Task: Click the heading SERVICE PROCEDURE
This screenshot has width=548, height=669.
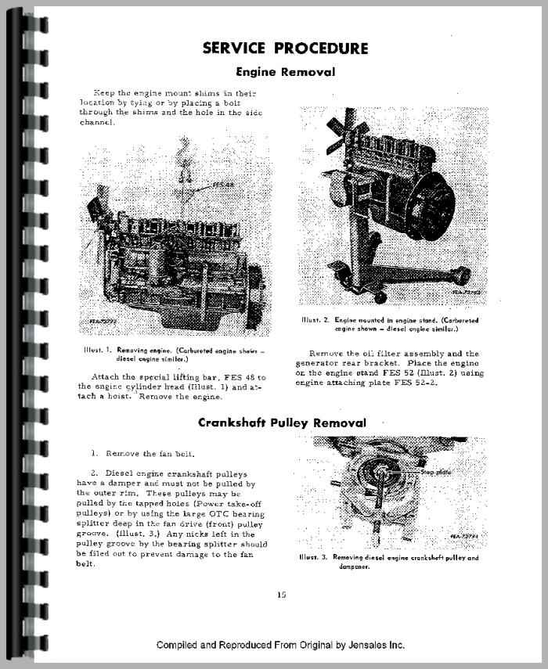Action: click(285, 48)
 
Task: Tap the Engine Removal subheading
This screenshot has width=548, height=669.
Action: click(285, 72)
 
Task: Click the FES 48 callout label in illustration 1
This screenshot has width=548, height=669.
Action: click(224, 185)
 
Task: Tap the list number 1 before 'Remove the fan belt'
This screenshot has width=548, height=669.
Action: click(94, 453)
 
